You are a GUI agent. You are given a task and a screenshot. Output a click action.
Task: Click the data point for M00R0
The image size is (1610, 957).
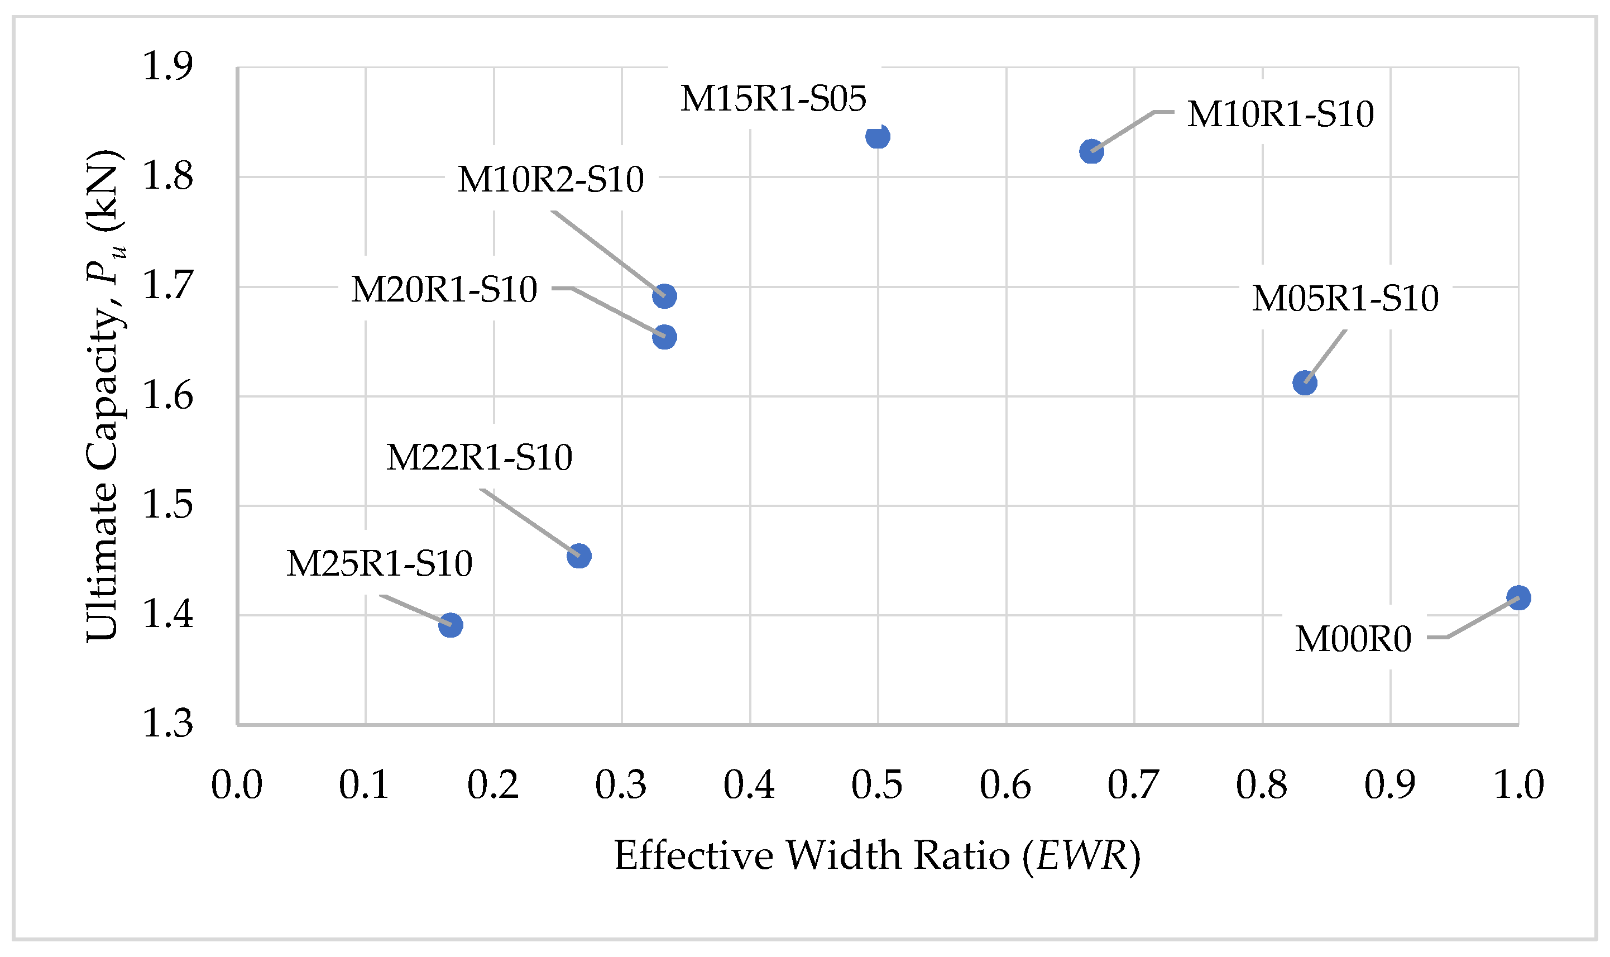[1518, 598]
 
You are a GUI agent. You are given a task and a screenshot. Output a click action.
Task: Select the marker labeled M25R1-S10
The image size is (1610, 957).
[451, 625]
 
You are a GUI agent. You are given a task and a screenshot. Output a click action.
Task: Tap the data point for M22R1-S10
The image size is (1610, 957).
[579, 556]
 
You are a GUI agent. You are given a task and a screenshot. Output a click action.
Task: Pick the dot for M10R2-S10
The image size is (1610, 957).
[664, 296]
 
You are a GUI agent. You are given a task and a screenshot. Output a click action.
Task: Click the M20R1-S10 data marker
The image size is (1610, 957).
[664, 337]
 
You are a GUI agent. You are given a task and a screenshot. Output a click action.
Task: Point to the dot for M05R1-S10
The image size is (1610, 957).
[1305, 383]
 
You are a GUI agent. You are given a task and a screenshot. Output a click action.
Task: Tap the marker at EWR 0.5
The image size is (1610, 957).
[878, 137]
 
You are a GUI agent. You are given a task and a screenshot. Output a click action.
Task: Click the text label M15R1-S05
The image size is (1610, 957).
[773, 99]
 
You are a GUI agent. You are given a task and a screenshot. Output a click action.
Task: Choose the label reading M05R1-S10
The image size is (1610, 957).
[1345, 299]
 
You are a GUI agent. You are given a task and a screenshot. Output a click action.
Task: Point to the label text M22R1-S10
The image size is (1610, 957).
[479, 458]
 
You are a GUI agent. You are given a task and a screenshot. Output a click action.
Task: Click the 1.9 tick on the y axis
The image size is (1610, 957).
[167, 66]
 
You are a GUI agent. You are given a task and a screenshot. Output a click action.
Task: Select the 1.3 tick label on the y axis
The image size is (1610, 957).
[167, 724]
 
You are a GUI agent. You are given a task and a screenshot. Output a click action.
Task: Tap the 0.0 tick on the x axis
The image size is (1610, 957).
[237, 786]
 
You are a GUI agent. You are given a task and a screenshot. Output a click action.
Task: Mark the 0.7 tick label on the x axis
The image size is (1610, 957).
[1133, 786]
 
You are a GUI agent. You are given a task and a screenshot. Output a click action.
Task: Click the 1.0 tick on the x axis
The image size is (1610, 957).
[1518, 786]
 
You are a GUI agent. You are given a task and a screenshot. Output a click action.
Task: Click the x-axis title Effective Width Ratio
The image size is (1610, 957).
[877, 856]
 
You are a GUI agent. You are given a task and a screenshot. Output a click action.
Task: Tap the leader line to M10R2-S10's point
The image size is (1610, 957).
[606, 251]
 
